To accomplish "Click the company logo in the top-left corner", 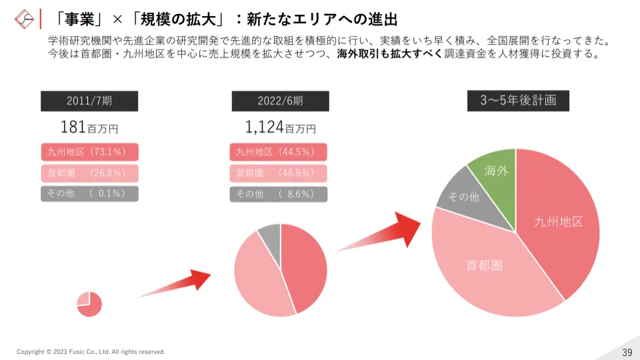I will coord(24,18).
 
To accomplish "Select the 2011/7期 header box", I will coord(89,101).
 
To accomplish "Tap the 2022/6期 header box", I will coord(280,101).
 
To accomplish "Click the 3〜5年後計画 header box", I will coord(518,101).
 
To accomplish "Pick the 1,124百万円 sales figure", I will coord(280,127).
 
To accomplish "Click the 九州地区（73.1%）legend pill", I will coord(89,152).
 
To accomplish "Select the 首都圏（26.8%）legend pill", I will coord(89,173).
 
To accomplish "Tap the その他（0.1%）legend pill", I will coord(89,194).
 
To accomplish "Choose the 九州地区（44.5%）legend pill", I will coord(279,152).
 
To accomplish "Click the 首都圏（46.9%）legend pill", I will coord(279,173).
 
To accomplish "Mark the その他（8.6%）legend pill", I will coord(279,194).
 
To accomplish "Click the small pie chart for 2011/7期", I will coord(89,304).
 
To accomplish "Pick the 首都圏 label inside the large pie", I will coord(484,265).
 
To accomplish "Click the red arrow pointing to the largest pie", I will coord(383,235).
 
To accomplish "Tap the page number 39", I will coord(627,352).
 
